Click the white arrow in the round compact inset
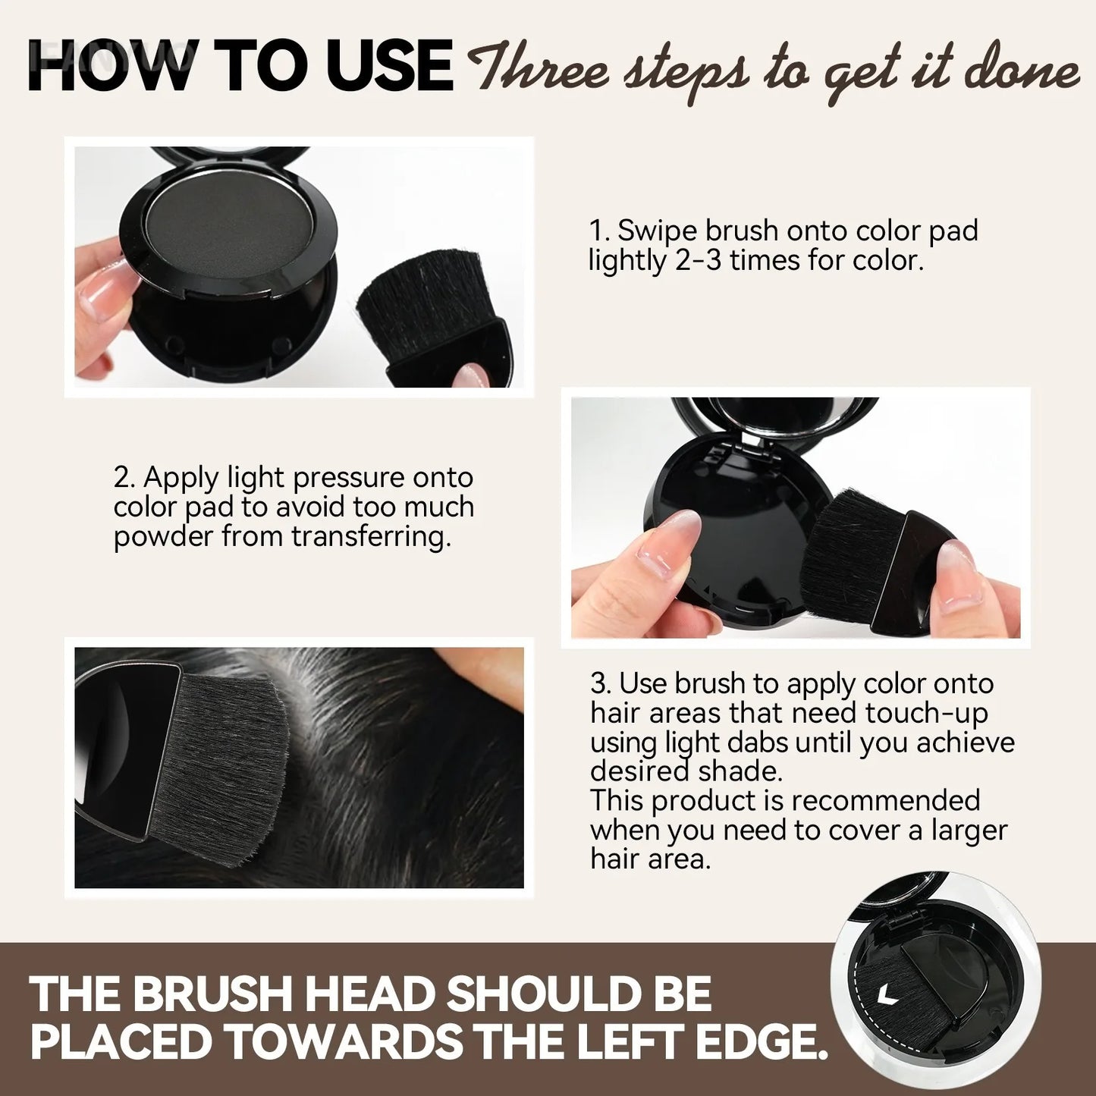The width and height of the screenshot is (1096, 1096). pyautogui.click(x=884, y=994)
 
